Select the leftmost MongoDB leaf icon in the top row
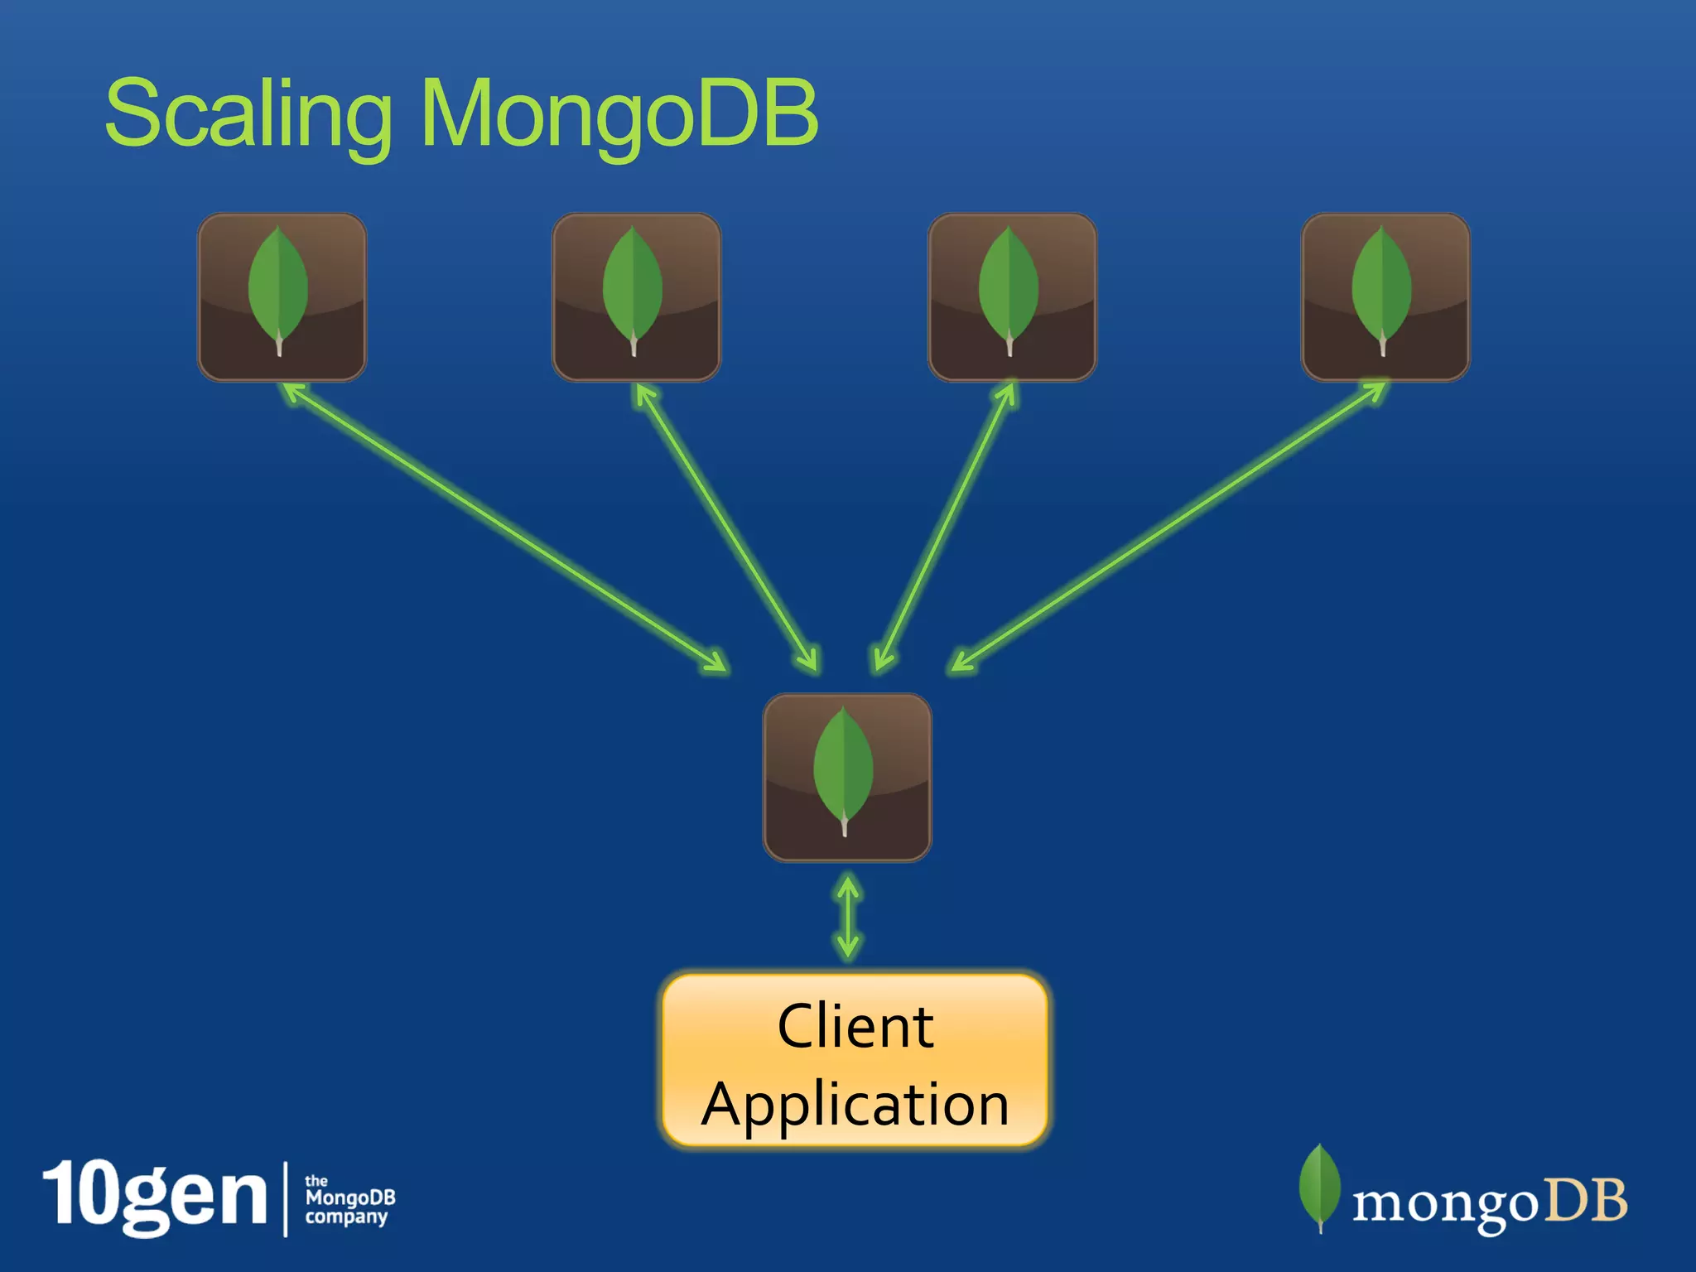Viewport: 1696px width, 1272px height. point(282,297)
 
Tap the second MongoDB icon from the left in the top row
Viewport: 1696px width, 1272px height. point(636,297)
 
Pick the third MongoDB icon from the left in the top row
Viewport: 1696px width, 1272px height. point(1012,297)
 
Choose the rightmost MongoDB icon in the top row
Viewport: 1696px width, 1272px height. point(1385,297)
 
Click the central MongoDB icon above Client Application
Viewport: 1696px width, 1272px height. point(846,778)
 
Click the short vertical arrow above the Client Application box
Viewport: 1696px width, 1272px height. point(848,918)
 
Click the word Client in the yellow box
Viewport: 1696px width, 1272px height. point(855,1027)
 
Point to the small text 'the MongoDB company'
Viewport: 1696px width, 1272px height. point(349,1199)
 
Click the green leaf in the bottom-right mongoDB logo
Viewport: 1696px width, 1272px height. point(1319,1187)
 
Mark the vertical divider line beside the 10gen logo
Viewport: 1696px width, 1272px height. point(286,1198)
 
